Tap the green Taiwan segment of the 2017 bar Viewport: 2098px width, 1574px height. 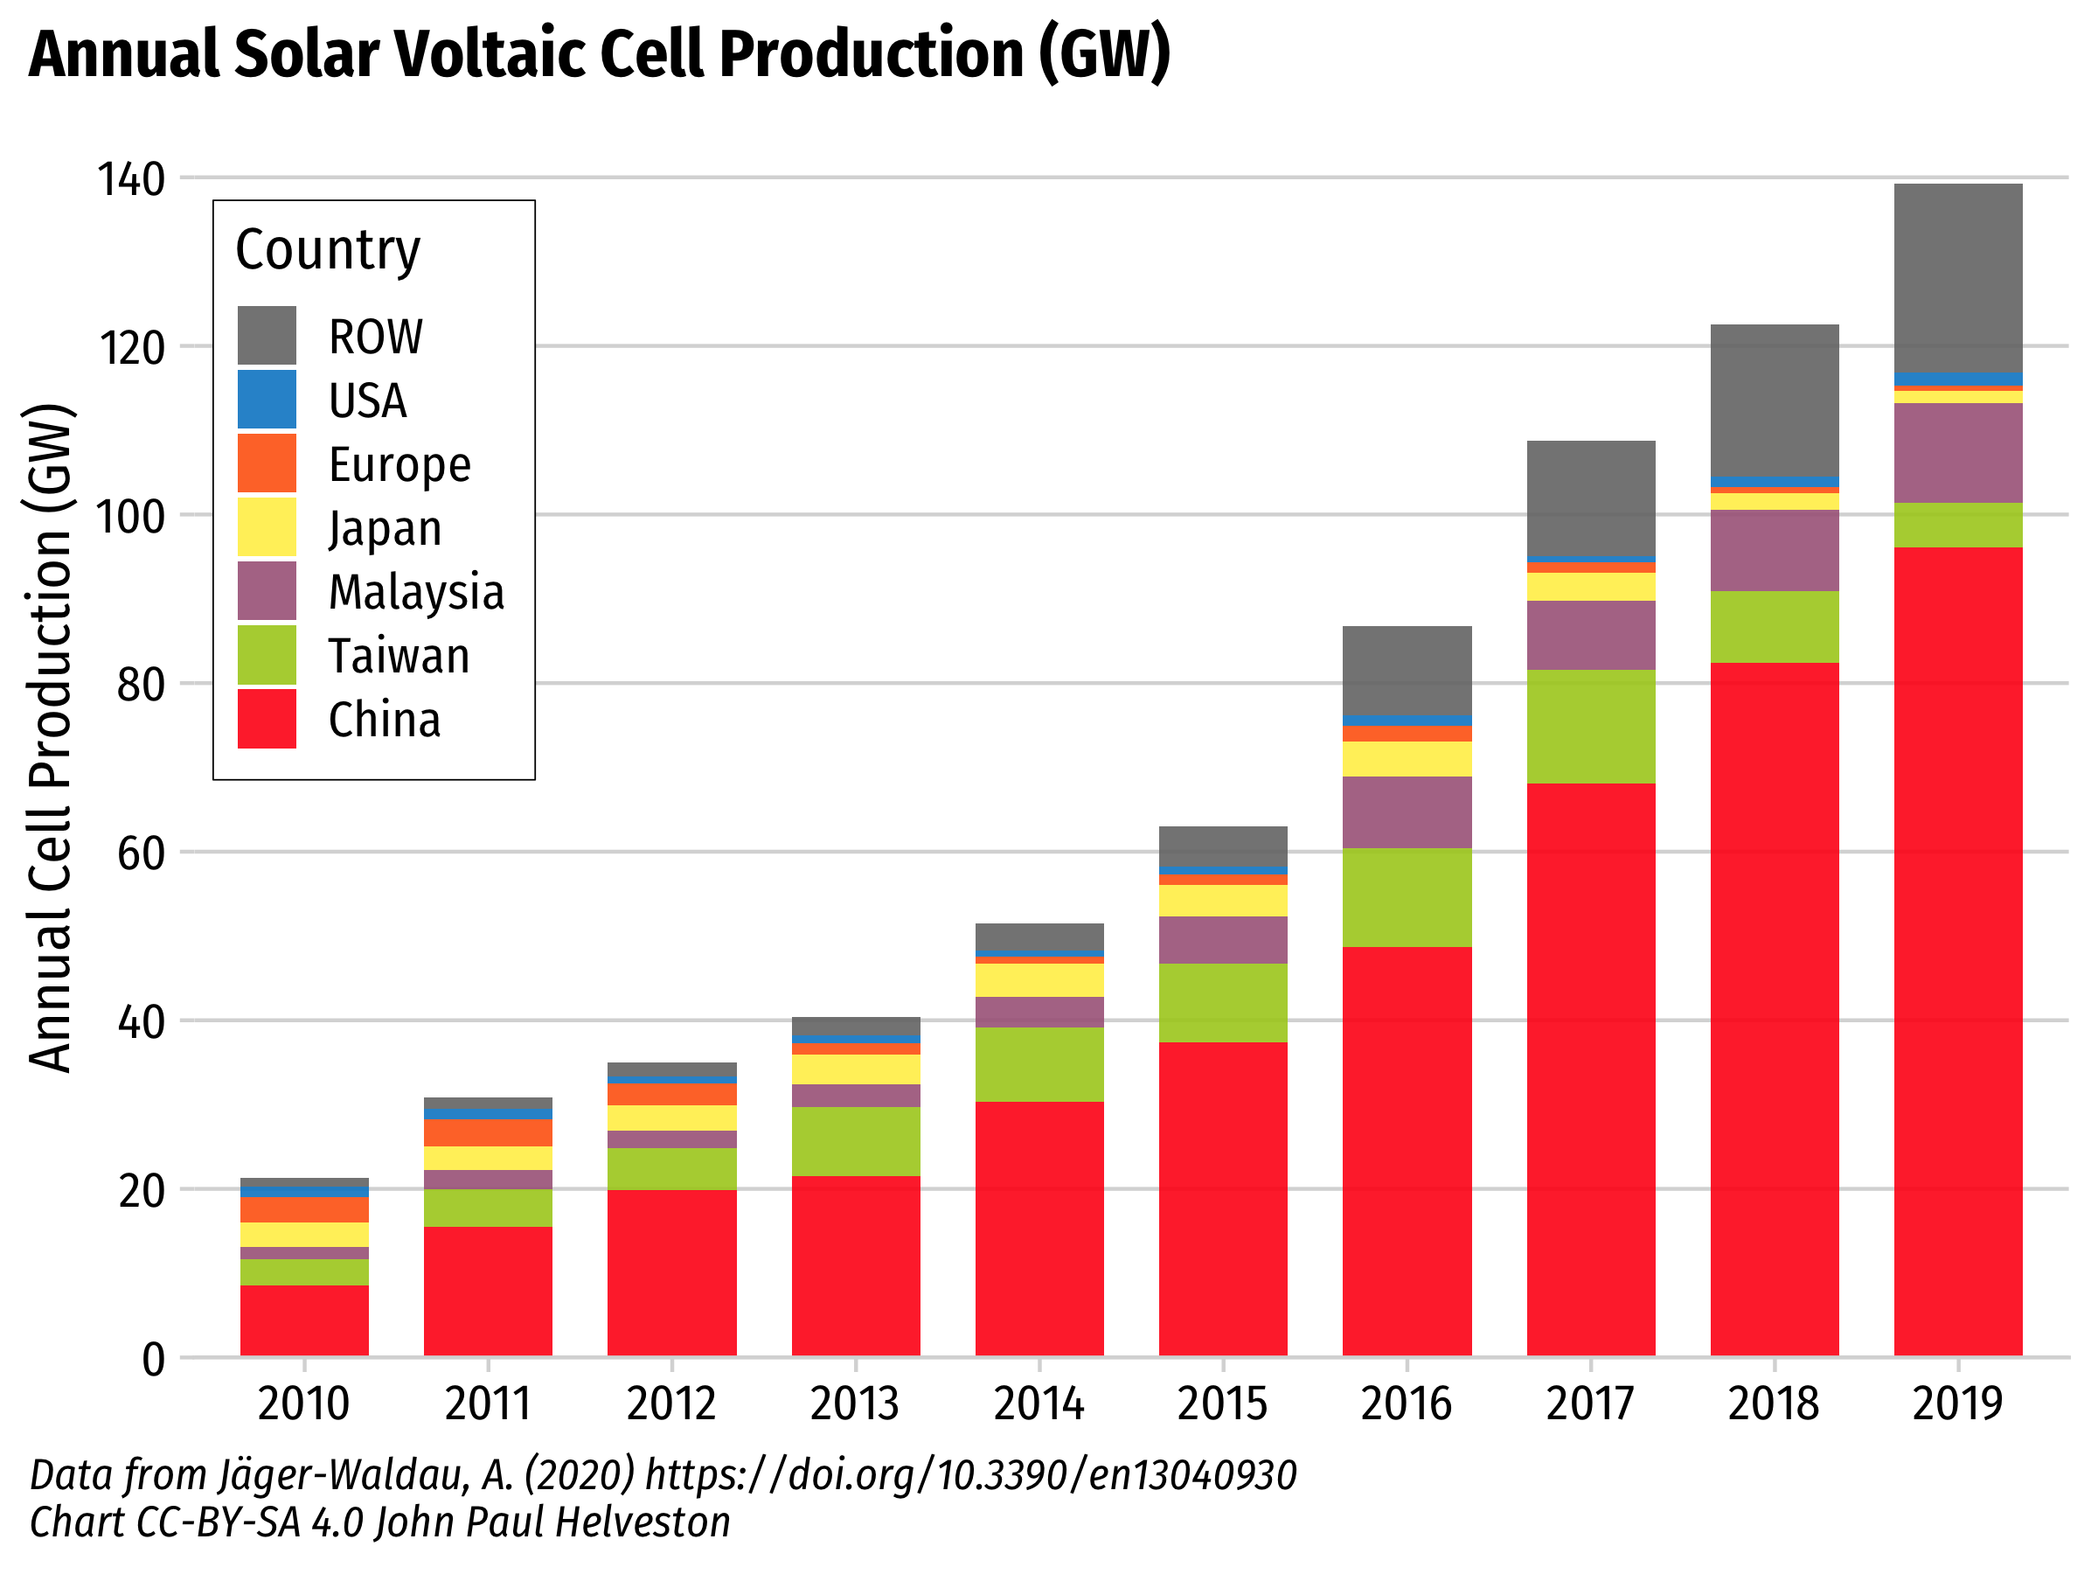[1591, 726]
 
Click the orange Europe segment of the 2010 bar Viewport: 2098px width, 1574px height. [304, 1209]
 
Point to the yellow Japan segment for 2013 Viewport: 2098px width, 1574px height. [856, 1069]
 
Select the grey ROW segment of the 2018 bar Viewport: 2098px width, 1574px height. [1774, 400]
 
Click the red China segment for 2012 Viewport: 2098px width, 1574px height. [671, 1272]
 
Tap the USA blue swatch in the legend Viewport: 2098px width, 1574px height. [267, 400]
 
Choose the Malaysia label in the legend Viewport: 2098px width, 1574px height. [416, 592]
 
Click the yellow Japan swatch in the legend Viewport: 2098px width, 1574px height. [267, 526]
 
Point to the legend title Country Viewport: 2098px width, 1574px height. [327, 249]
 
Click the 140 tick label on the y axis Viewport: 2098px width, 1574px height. [131, 179]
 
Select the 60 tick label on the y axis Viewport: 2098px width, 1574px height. [141, 853]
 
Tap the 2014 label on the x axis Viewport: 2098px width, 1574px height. [1039, 1403]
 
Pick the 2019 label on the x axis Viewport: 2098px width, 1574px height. [1957, 1403]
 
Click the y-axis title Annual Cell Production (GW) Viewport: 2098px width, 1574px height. [49, 738]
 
